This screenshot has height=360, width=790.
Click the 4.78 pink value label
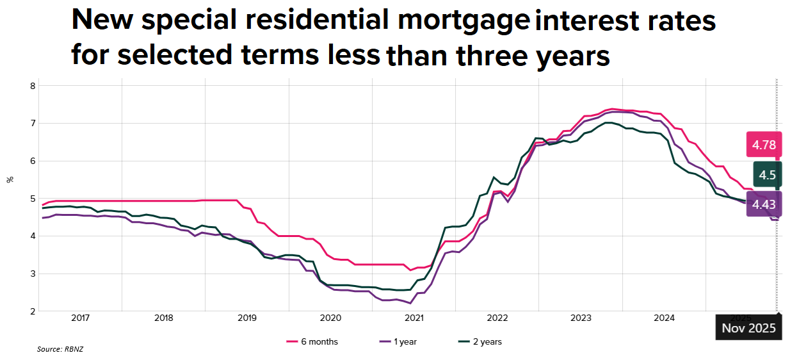pyautogui.click(x=764, y=145)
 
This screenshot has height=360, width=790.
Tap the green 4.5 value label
pyautogui.click(x=766, y=175)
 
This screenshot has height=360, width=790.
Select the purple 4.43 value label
pyautogui.click(x=764, y=205)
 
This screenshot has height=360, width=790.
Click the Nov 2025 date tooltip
pyautogui.click(x=748, y=329)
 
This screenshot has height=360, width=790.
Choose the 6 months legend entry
pyautogui.click(x=312, y=342)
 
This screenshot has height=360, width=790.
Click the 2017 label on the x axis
pyautogui.click(x=80, y=318)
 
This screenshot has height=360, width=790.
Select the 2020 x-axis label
pyautogui.click(x=330, y=318)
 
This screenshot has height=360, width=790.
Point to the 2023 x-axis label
pyautogui.click(x=581, y=318)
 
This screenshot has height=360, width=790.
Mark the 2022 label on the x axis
pyautogui.click(x=497, y=318)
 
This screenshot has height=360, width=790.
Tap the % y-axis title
pyautogui.click(x=10, y=179)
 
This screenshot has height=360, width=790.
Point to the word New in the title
pyautogui.click(x=102, y=21)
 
